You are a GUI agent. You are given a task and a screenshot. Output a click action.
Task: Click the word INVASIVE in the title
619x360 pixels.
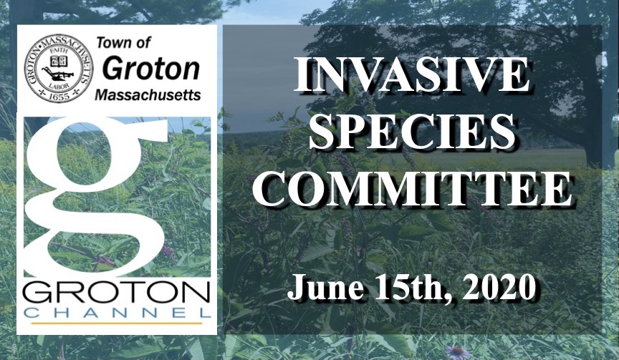[411, 75]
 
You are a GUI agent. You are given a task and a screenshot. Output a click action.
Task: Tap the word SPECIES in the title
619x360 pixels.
[412, 132]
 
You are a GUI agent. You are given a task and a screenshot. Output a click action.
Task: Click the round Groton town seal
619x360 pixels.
[59, 68]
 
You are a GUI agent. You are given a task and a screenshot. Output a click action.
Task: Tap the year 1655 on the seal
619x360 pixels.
[59, 96]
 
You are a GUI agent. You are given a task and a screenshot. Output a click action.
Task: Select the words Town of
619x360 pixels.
[123, 43]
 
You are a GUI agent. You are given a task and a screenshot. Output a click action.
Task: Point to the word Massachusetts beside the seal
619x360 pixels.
[148, 94]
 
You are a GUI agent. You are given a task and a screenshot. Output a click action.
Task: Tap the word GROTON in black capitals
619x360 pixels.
[117, 293]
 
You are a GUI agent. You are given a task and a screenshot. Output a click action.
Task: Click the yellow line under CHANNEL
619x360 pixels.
[117, 323]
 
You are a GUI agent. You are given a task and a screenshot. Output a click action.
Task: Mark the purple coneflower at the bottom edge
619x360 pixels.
[455, 352]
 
